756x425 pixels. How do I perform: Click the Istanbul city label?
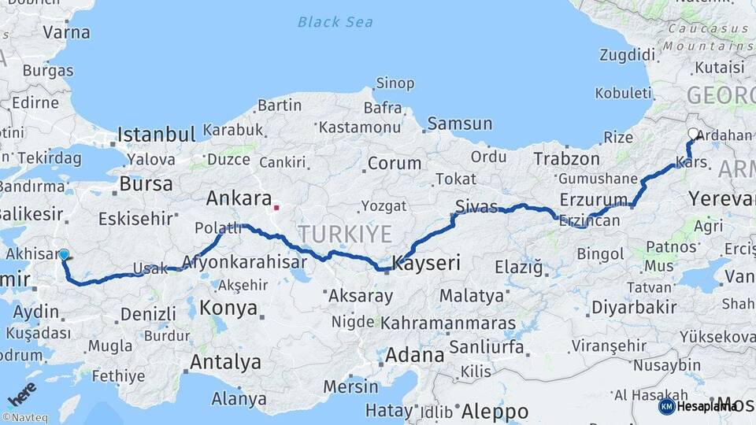156,134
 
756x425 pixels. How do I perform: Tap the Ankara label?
239,198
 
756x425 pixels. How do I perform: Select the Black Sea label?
335,22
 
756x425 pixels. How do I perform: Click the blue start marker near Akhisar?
64,254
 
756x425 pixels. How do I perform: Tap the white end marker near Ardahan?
693,134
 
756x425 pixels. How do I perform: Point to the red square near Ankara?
276,209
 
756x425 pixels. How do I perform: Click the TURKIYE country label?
344,234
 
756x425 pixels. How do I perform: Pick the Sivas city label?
477,206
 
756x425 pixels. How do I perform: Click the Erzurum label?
594,199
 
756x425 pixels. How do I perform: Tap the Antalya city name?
226,363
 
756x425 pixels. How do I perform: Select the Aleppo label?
495,412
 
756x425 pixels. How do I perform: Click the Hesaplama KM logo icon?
667,406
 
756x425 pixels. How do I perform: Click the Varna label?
66,32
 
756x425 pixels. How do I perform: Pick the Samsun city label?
459,124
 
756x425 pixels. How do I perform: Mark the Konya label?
228,308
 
